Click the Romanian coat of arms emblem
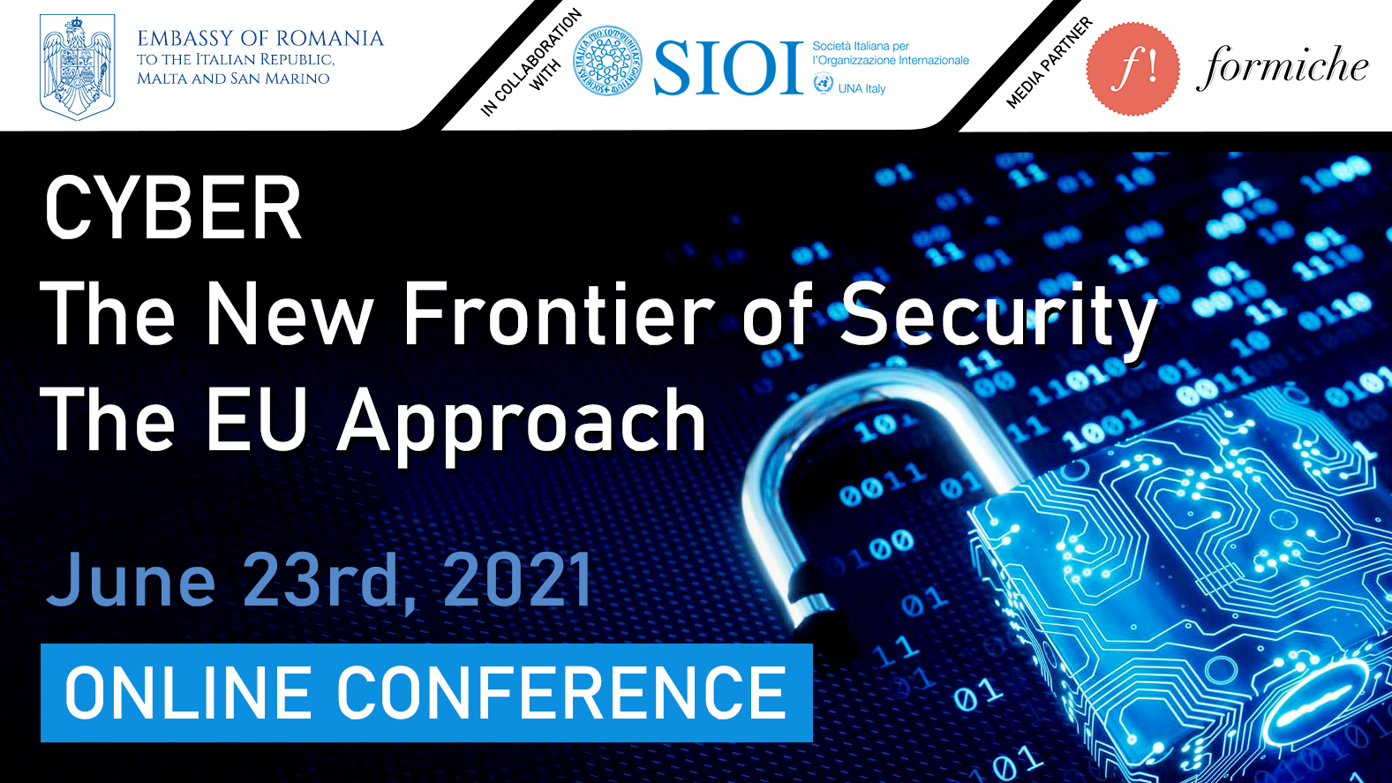pyautogui.click(x=77, y=67)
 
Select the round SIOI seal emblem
pyautogui.click(x=607, y=61)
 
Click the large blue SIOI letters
pyautogui.click(x=728, y=68)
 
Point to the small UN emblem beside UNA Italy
pyautogui.click(x=824, y=83)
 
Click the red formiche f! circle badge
pyautogui.click(x=1132, y=68)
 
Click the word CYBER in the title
pyautogui.click(x=173, y=208)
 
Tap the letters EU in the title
pyautogui.click(x=256, y=418)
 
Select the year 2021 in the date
pyautogui.click(x=517, y=580)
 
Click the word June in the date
pyautogui.click(x=131, y=580)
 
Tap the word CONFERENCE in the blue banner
pyautogui.click(x=561, y=693)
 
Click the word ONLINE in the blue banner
pyautogui.click(x=188, y=693)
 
